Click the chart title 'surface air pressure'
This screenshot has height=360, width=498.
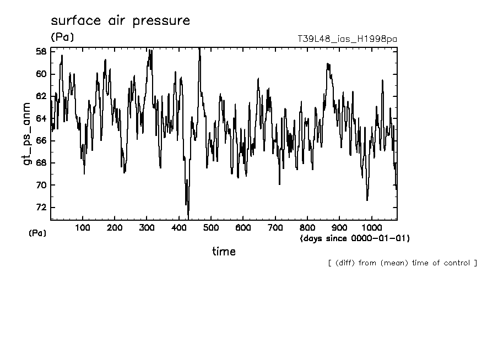120,21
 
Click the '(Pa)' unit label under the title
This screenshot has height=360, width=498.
62,37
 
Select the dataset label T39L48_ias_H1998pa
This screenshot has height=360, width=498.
347,39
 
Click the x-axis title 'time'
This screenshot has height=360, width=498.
224,252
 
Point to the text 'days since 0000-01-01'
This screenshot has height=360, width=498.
354,238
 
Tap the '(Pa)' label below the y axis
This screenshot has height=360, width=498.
37,233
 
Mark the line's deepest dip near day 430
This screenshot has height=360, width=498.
188,217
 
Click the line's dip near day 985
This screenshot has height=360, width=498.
367,200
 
